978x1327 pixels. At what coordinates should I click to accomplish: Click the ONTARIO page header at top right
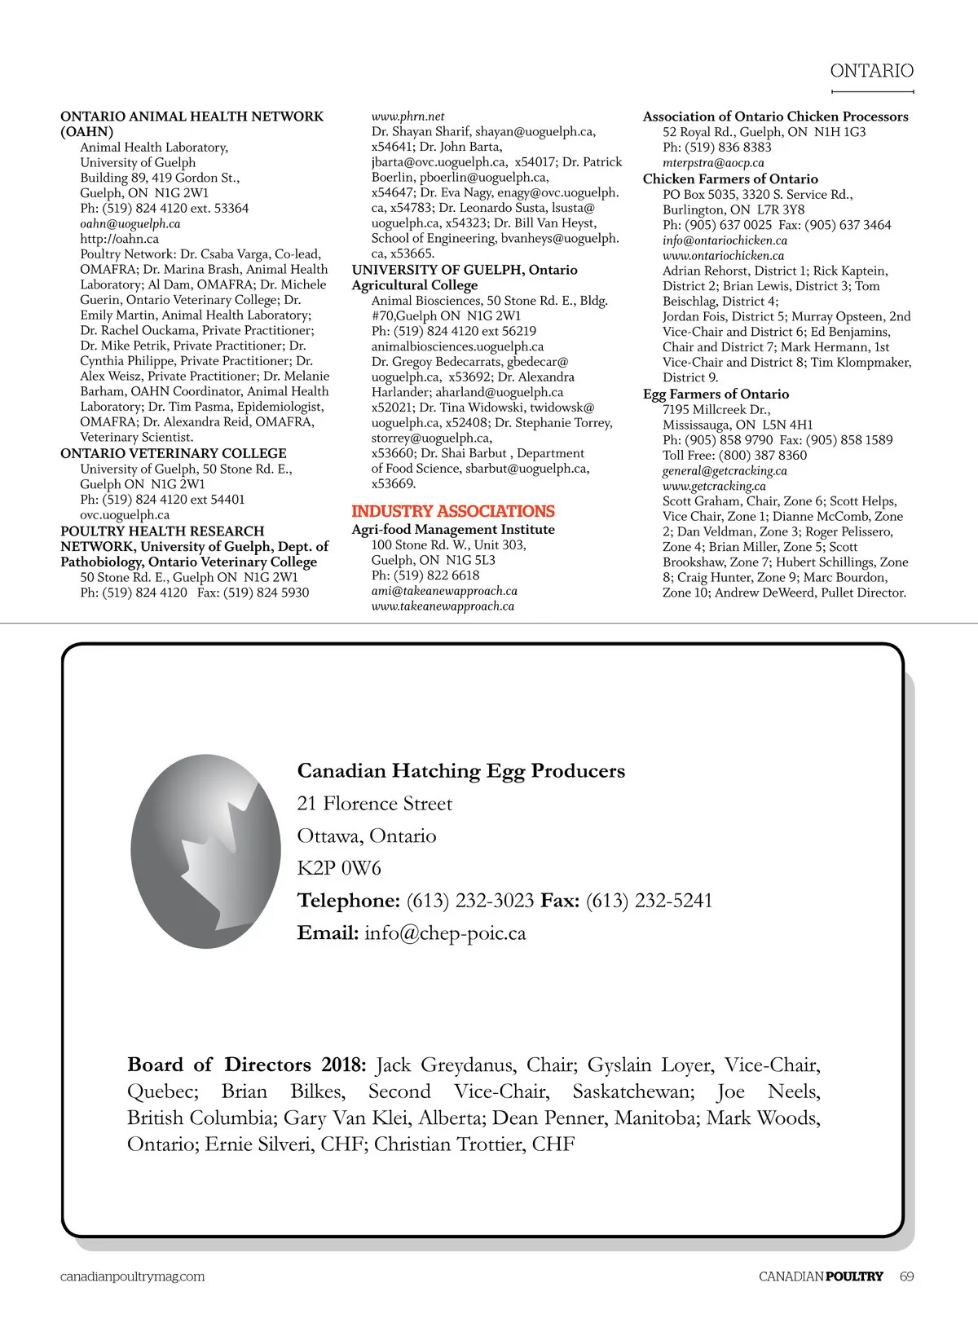click(871, 71)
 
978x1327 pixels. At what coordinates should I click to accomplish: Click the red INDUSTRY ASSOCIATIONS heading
click(452, 511)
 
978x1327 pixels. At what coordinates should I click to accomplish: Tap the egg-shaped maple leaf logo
click(205, 851)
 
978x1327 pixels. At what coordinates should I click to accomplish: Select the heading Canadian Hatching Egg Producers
click(460, 771)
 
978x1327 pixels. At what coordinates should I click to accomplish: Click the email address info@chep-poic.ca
click(445, 933)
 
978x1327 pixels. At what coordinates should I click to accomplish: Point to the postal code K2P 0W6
click(339, 868)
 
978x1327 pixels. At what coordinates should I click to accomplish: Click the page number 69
click(906, 1276)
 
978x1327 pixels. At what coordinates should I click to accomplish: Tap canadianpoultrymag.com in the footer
click(132, 1276)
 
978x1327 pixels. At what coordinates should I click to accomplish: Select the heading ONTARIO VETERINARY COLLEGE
click(173, 453)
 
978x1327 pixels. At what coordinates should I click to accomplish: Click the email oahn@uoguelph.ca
click(130, 223)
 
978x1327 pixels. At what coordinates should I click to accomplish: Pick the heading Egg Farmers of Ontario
click(716, 394)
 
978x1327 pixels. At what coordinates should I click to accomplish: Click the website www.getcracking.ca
click(714, 486)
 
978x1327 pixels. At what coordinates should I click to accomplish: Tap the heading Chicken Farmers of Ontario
click(730, 179)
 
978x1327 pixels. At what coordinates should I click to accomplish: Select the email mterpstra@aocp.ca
click(713, 162)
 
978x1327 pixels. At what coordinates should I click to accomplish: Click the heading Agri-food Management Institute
click(452, 529)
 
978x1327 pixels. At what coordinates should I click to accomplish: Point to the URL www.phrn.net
click(407, 117)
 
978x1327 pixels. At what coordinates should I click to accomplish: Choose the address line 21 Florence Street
click(374, 804)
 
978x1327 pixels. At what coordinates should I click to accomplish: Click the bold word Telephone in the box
click(348, 901)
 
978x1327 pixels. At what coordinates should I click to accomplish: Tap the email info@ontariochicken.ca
click(725, 240)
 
